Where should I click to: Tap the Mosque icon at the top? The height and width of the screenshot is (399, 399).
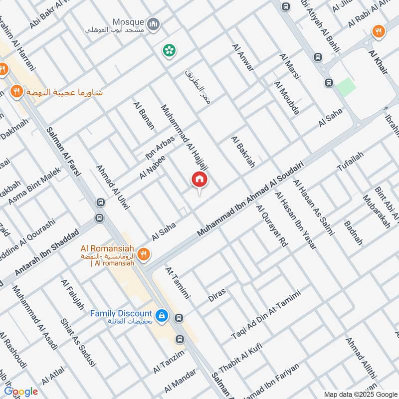[154, 23]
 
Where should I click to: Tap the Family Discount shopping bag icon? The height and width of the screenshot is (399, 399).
[162, 316]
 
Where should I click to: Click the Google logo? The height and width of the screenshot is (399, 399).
[21, 392]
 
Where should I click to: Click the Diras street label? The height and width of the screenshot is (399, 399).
[217, 294]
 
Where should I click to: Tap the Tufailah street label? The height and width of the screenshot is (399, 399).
[351, 162]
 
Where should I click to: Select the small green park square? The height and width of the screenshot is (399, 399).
[346, 87]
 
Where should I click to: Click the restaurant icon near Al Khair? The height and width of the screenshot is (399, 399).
[379, 31]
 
